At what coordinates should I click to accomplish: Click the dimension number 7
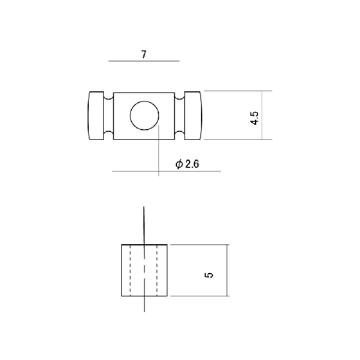144,55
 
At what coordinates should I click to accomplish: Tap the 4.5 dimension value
254,118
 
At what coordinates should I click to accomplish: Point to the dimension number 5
209,275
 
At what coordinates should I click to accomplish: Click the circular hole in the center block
145,115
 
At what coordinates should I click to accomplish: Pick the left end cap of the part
96,115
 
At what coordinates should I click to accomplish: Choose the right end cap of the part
193,115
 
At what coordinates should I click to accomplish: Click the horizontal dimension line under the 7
144,61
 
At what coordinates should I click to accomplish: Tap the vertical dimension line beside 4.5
262,115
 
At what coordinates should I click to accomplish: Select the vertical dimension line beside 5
227,271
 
